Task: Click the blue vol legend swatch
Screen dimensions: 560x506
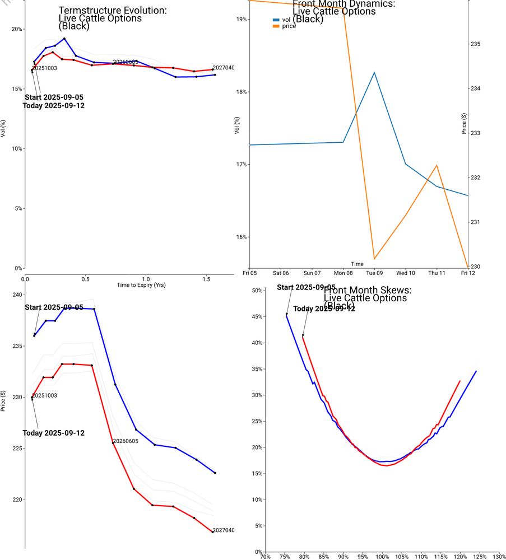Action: tap(276, 20)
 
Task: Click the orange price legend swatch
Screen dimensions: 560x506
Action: tap(276, 26)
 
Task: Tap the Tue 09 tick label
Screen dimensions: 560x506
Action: tap(374, 273)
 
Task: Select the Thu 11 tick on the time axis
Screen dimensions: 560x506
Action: tap(437, 273)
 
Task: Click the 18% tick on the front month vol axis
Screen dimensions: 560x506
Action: tap(242, 92)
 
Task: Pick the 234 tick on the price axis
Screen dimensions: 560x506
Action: tap(475, 88)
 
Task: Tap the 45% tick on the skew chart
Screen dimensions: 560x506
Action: tap(257, 317)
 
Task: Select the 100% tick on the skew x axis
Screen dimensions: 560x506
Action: tap(382, 557)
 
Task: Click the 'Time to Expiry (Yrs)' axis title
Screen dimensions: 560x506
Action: tap(141, 285)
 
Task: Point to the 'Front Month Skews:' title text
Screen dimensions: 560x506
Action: tap(368, 290)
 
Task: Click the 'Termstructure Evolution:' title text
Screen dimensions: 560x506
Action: tap(113, 11)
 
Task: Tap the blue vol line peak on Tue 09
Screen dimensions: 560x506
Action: tap(374, 72)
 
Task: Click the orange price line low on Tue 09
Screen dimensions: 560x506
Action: tap(374, 259)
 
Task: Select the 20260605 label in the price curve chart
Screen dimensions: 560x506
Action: tap(126, 441)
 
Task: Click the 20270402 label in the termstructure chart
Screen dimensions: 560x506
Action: tap(223, 68)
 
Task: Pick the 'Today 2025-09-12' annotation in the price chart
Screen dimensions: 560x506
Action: tap(54, 433)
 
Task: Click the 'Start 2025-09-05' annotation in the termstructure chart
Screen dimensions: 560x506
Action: tap(54, 97)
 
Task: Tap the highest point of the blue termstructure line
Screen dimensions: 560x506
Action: tap(64, 39)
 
